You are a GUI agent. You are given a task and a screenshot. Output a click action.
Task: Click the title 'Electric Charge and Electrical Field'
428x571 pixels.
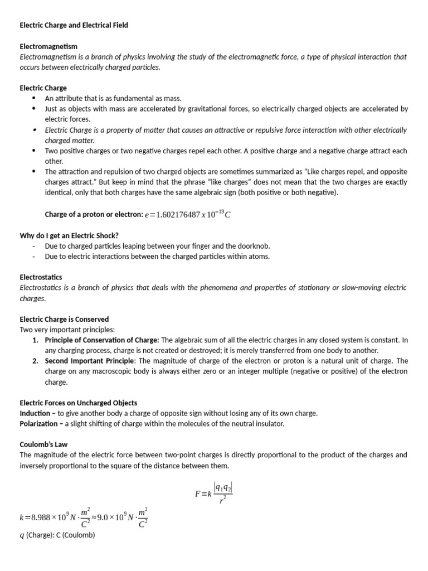(x=74, y=25)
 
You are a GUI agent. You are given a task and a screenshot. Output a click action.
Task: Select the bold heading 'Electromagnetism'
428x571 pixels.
(x=48, y=46)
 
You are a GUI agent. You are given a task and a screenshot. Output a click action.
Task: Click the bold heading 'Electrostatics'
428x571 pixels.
(x=41, y=277)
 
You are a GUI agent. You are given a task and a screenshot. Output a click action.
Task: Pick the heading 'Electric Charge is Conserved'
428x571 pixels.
(x=64, y=319)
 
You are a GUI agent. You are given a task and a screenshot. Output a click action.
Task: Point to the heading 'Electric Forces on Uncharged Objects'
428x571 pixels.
(x=78, y=403)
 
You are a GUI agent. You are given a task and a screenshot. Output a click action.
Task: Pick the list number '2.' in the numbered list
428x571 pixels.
(x=35, y=361)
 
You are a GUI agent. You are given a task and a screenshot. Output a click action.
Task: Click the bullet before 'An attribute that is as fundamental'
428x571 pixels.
(x=35, y=98)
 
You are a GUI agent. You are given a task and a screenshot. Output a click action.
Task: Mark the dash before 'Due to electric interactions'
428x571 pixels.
(x=35, y=257)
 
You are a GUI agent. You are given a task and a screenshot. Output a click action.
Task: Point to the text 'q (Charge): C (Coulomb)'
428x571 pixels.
(x=57, y=535)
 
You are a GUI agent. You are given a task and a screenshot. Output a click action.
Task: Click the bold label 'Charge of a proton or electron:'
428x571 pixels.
(x=93, y=215)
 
